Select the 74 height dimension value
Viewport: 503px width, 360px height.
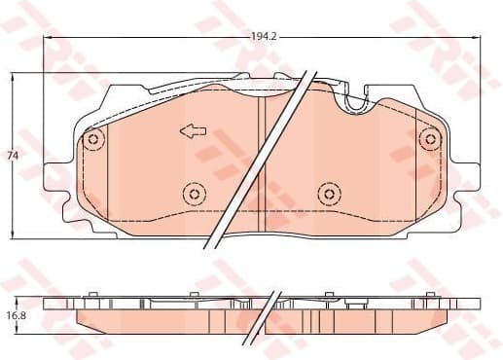click(x=13, y=156)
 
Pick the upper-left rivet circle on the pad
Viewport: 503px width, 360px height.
click(x=93, y=140)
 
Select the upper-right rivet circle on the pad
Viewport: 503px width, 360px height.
click(x=427, y=140)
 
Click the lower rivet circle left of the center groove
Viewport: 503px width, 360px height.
click(x=194, y=195)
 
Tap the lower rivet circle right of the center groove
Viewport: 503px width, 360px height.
click(x=326, y=195)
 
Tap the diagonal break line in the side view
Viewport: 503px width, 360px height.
click(x=261, y=311)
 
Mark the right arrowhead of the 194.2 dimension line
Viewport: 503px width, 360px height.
click(x=474, y=37)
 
